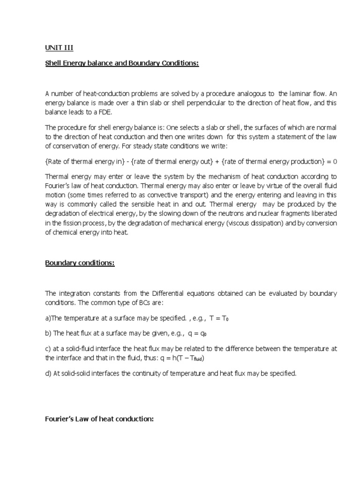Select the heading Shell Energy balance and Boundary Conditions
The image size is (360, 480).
122,63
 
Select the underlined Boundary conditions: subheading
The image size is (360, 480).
80,263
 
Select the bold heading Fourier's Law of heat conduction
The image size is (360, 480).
99,419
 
